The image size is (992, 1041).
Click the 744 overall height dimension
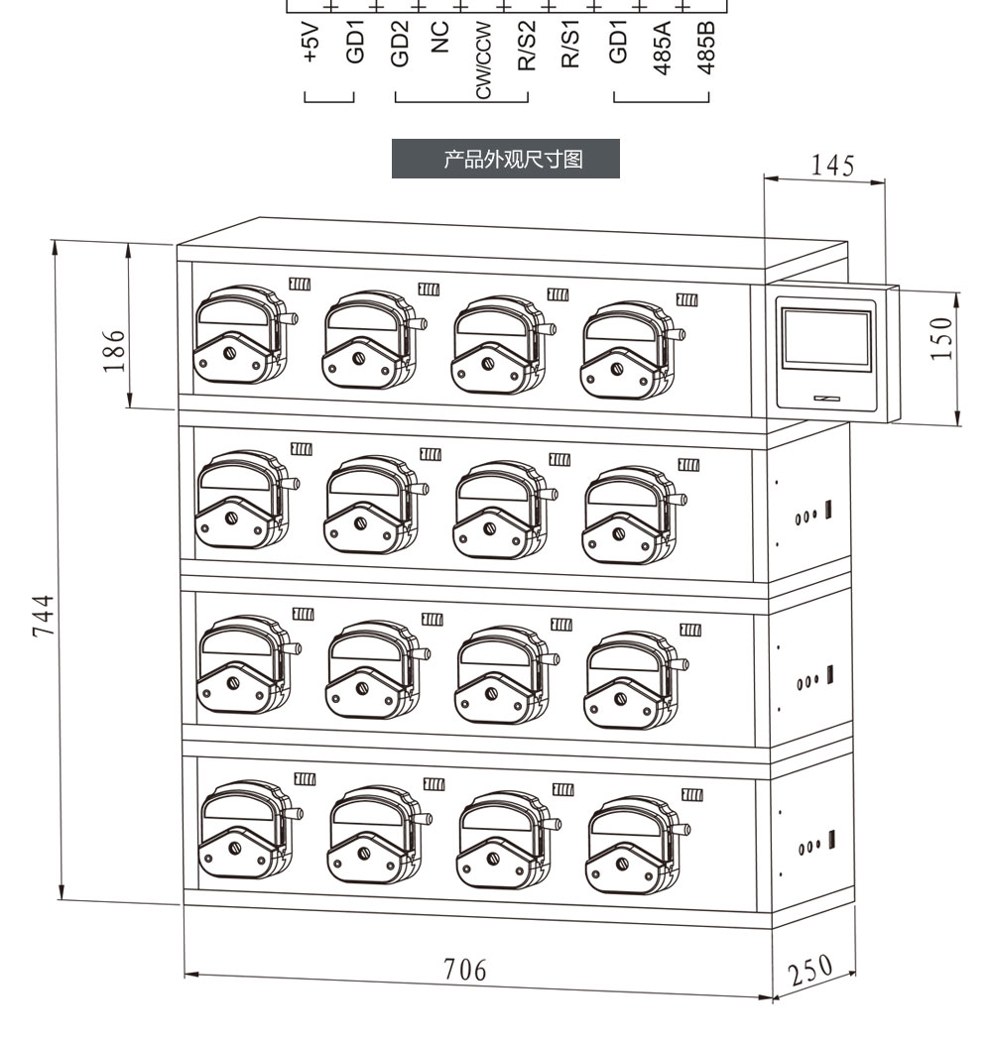(44, 616)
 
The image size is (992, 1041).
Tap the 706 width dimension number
(465, 970)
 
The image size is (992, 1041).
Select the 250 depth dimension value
(809, 971)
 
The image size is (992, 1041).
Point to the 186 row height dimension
(114, 351)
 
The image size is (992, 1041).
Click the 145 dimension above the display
(832, 166)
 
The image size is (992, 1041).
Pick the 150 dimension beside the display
(940, 339)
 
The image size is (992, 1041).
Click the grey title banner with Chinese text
(506, 159)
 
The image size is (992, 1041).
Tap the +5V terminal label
(310, 44)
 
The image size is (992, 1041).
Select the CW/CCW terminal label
(484, 60)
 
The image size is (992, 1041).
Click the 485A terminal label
(662, 48)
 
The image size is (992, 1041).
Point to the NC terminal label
(439, 37)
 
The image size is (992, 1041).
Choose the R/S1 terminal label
(570, 44)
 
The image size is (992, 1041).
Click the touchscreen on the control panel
(826, 339)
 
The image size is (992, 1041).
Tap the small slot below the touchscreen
(827, 399)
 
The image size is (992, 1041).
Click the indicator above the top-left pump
(300, 285)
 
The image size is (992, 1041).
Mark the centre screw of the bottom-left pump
(234, 848)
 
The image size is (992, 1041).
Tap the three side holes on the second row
(806, 517)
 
